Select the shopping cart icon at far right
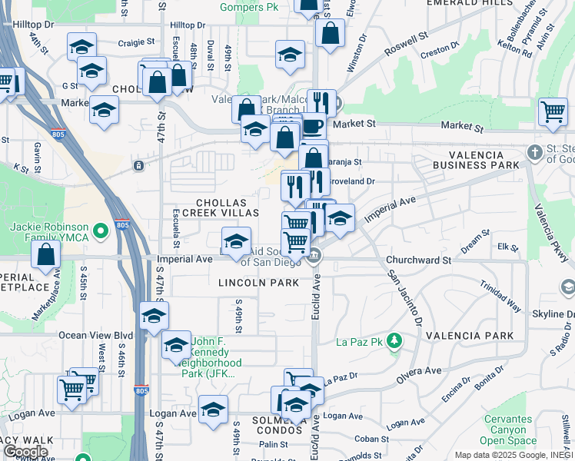(x=553, y=111)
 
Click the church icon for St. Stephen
(x=535, y=153)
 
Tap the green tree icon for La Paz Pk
(x=394, y=340)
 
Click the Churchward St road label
(x=418, y=260)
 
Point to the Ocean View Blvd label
(x=95, y=335)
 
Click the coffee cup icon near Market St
(x=312, y=125)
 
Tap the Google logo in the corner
(x=25, y=452)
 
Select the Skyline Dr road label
(x=550, y=315)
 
